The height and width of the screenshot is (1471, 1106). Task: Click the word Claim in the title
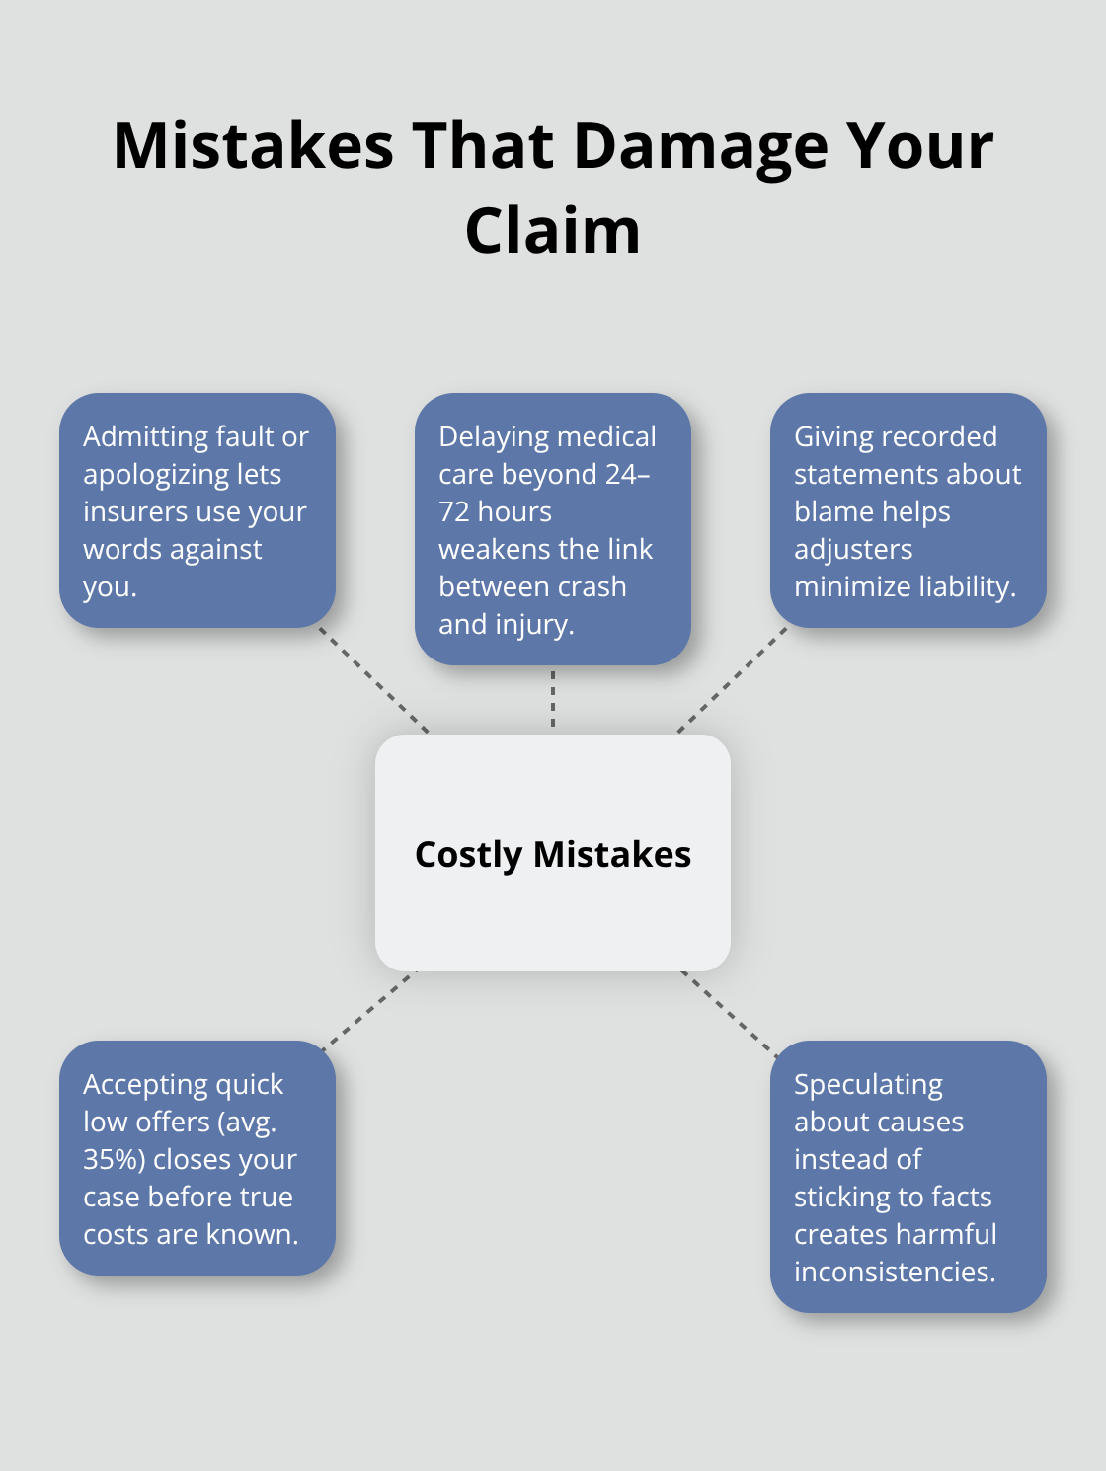pyautogui.click(x=553, y=231)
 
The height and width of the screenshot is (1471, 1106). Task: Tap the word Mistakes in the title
pyautogui.click(x=253, y=146)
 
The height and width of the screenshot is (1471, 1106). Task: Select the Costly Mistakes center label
pyautogui.click(x=553, y=854)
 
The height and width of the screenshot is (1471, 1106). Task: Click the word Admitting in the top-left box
pyautogui.click(x=146, y=436)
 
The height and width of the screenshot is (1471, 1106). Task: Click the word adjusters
pyautogui.click(x=853, y=549)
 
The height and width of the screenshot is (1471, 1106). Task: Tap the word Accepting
pyautogui.click(x=144, y=1084)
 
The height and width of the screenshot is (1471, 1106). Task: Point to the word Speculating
pyautogui.click(x=868, y=1084)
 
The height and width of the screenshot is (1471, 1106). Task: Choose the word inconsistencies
pyautogui.click(x=895, y=1272)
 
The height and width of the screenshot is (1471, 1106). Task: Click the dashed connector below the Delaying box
pyautogui.click(x=553, y=699)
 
